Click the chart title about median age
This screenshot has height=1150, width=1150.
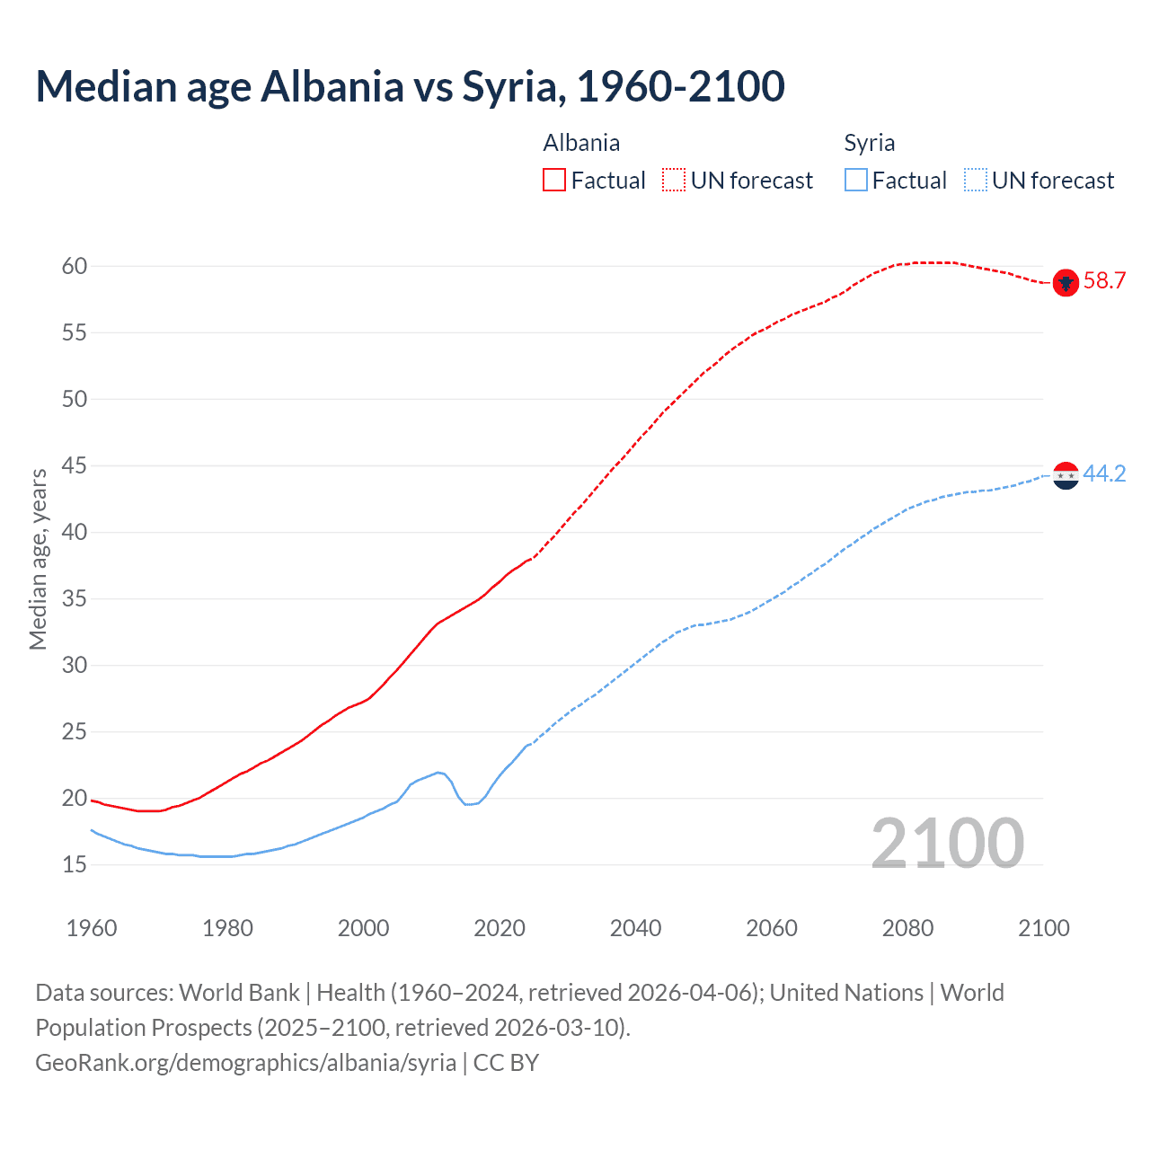pyautogui.click(x=410, y=86)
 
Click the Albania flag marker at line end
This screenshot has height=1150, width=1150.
pyautogui.click(x=1066, y=282)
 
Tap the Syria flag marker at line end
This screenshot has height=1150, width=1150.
pyautogui.click(x=1066, y=475)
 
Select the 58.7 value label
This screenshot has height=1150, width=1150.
pyautogui.click(x=1104, y=281)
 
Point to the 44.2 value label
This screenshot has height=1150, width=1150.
pyautogui.click(x=1104, y=473)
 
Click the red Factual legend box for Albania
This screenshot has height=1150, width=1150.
pyautogui.click(x=554, y=181)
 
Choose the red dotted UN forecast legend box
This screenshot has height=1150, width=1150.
pyautogui.click(x=674, y=181)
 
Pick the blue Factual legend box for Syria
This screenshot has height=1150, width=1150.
pyautogui.click(x=856, y=181)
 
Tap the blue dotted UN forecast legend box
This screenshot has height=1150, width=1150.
pyautogui.click(x=975, y=181)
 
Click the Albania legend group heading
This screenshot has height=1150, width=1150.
pyautogui.click(x=581, y=143)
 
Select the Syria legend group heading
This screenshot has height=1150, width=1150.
pyautogui.click(x=869, y=143)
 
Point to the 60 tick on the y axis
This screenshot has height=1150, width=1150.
pyautogui.click(x=75, y=266)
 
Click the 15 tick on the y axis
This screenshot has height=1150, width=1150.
pyautogui.click(x=75, y=864)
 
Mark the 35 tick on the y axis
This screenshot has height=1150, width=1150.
pyautogui.click(x=75, y=598)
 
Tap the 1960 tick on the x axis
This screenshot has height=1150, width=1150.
pyautogui.click(x=92, y=928)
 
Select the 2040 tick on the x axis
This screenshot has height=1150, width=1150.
pyautogui.click(x=635, y=928)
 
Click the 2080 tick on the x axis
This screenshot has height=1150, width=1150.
pyautogui.click(x=907, y=928)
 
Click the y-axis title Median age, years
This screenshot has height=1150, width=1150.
pyautogui.click(x=38, y=559)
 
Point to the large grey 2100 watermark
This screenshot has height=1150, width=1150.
pyautogui.click(x=947, y=843)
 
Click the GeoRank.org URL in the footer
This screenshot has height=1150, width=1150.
pyautogui.click(x=245, y=1062)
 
